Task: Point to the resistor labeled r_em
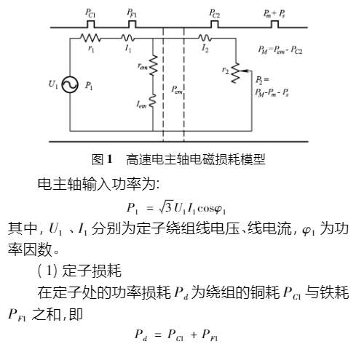coord(154,67)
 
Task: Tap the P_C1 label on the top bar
coord(89,12)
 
